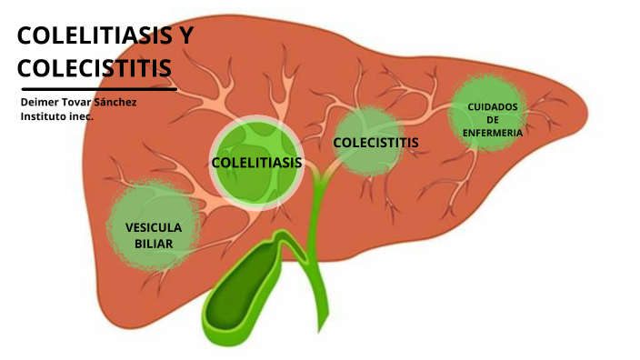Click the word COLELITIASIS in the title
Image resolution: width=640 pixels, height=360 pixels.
click(89, 36)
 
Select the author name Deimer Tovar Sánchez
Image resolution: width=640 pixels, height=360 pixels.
click(78, 102)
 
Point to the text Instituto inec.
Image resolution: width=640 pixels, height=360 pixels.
click(57, 116)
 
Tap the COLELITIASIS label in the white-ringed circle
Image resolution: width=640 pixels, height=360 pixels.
click(256, 163)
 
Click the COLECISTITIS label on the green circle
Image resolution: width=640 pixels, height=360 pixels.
click(375, 143)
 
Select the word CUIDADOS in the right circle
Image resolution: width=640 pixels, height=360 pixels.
click(492, 106)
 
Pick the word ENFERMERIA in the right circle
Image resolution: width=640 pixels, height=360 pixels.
click(492, 132)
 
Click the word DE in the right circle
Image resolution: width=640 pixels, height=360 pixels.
click(492, 119)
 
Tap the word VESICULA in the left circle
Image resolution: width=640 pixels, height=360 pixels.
click(154, 226)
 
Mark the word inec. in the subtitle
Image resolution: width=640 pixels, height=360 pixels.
click(83, 116)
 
